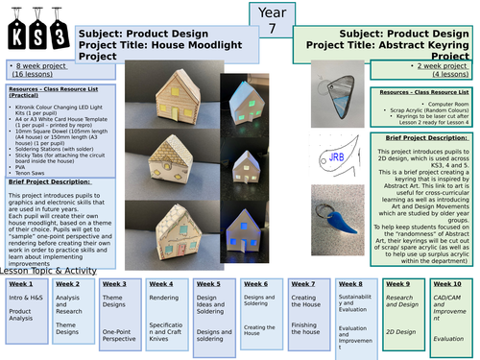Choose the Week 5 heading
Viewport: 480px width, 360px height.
pos(209,285)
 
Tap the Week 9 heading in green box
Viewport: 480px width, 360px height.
pos(397,285)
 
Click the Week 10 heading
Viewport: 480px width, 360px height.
pos(447,285)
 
